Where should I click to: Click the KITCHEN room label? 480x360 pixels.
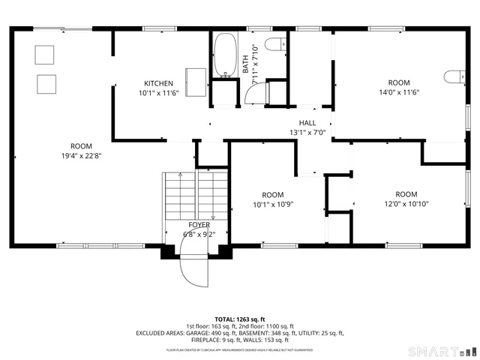[158, 83]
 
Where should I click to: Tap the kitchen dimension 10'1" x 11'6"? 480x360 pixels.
[158, 94]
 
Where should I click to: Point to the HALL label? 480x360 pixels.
[307, 123]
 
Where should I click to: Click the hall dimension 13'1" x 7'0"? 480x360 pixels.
[307, 133]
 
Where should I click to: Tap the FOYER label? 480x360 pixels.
[199, 224]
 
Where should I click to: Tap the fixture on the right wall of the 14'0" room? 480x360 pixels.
[452, 76]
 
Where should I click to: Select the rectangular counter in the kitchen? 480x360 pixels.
[196, 82]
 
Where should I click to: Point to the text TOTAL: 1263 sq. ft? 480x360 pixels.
[239, 319]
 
